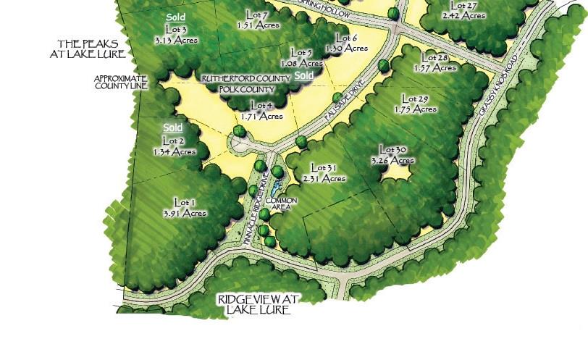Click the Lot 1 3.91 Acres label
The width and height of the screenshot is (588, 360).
(x=185, y=207)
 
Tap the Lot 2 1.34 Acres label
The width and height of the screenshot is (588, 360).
(x=174, y=146)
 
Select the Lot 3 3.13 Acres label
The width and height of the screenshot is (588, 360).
(x=175, y=35)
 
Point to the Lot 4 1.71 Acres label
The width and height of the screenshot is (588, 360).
(x=261, y=110)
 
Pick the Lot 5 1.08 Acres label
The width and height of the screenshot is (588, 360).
(x=301, y=57)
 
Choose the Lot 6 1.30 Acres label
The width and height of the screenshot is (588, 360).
(x=347, y=43)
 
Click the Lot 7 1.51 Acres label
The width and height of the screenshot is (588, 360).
(x=259, y=20)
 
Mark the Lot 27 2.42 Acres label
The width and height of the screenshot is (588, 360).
(x=463, y=9)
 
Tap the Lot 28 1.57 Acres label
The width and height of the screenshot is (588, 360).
(x=435, y=62)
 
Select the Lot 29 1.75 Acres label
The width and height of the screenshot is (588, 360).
(x=416, y=104)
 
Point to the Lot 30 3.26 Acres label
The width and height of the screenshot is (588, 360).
(x=392, y=155)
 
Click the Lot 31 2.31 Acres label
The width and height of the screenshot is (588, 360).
(x=324, y=172)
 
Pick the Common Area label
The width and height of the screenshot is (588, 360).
(x=280, y=204)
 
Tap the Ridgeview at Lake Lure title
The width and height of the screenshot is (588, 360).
(x=258, y=304)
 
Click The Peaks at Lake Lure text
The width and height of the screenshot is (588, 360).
(x=88, y=49)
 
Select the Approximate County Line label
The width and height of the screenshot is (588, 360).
(x=120, y=82)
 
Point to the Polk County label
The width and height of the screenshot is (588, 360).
(x=247, y=89)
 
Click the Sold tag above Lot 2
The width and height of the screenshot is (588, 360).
(x=173, y=127)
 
